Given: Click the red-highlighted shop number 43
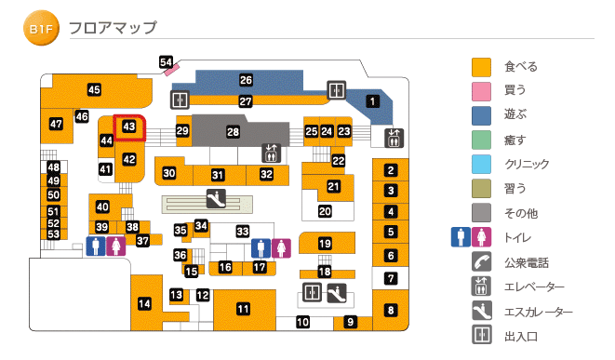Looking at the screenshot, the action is tap(130, 126).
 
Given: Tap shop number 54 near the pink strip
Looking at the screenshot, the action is tap(166, 62).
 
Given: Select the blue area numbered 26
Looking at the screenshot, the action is tap(246, 80).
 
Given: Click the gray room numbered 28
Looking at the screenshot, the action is tap(234, 133).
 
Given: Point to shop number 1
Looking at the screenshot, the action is tap(372, 101).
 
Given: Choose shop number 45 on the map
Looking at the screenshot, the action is tap(94, 89).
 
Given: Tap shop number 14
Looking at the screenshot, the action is tap(144, 303).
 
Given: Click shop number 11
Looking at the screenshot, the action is tap(243, 309).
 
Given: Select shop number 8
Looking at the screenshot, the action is tap(392, 310).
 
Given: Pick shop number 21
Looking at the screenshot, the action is tap(333, 186).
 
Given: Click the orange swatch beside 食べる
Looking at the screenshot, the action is tap(481, 67).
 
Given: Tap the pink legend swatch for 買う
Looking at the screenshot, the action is tap(481, 91).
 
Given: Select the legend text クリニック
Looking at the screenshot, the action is tap(527, 164).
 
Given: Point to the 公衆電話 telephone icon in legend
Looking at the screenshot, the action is tap(481, 261).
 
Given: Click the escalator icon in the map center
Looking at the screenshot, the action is tap(216, 197).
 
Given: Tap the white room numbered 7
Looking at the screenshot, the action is tap(392, 277).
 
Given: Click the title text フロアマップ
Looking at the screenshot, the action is tap(113, 29).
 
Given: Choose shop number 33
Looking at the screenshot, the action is tap(243, 231).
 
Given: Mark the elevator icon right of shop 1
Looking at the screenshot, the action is tap(393, 138).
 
